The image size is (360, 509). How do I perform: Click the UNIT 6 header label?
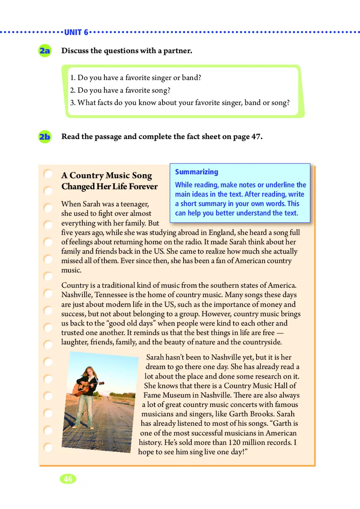pos(76,32)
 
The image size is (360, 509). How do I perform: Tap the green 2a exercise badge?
pos(45,51)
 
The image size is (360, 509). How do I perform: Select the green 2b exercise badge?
pos(45,137)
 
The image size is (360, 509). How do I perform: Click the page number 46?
pos(68,479)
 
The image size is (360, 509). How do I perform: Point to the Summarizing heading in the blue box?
pos(196,172)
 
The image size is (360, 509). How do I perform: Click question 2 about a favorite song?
pos(120,90)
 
